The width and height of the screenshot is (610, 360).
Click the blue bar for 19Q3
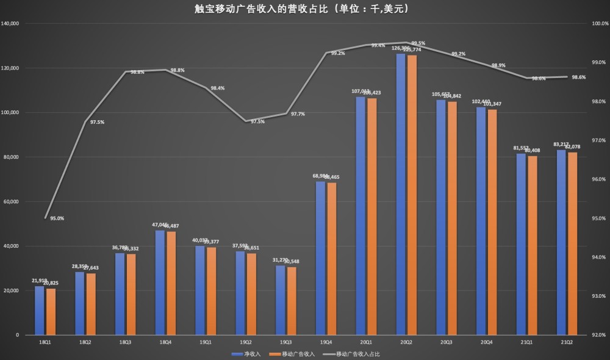coord(280,300)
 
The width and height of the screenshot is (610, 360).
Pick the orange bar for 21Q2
coord(572,243)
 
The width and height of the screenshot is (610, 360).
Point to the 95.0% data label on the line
coord(57,218)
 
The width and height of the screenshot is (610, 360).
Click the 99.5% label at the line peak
coord(418,43)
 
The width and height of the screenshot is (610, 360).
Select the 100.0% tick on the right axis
coord(598,24)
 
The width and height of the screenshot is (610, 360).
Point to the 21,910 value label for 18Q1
coord(39,281)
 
